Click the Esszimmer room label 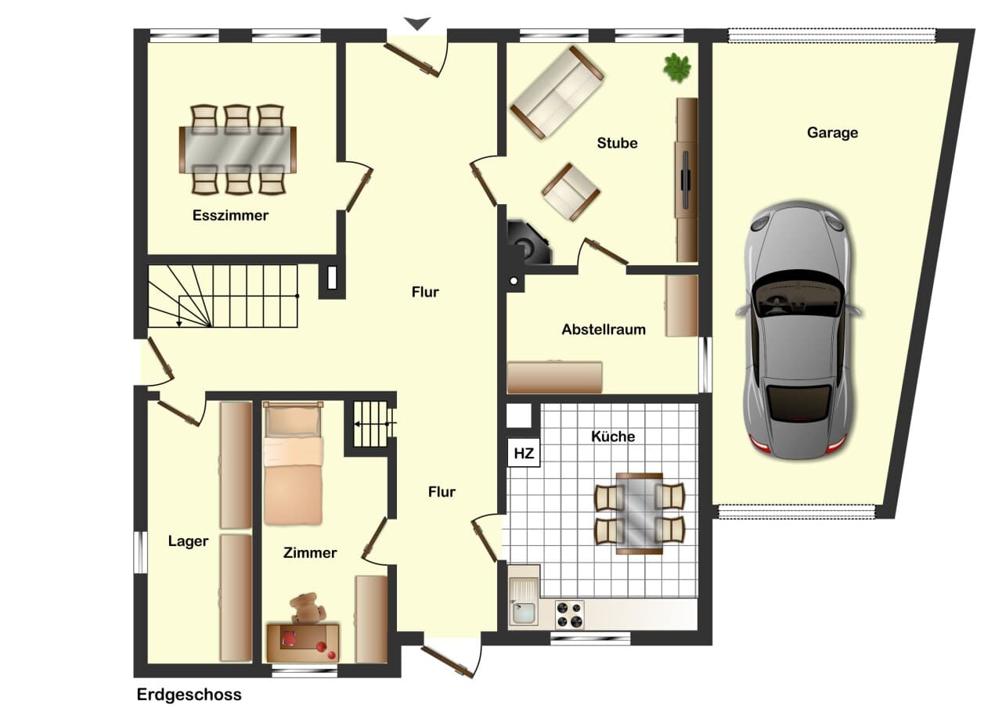coord(230,215)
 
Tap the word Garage coord(832,133)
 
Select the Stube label coord(618,143)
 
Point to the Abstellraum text coord(604,329)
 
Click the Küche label coord(613,437)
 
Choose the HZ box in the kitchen coord(524,453)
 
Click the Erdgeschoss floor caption coord(189,695)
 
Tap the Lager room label coord(188,541)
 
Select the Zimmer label coord(310,553)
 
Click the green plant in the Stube coord(677,67)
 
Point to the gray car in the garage coord(799,330)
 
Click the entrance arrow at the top coord(417,23)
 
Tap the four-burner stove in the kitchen coord(569,614)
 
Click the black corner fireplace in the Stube coord(529,242)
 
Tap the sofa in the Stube coord(557,92)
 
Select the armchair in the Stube coord(571,192)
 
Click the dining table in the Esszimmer coord(237,149)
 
